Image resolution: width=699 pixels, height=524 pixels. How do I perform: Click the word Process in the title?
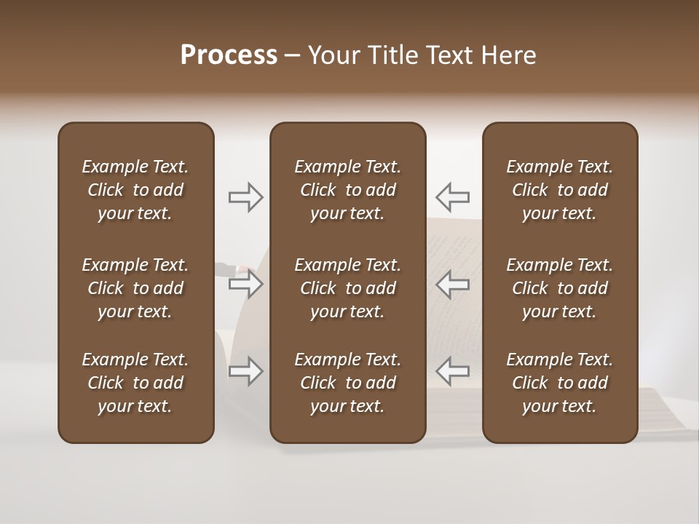coord(229,55)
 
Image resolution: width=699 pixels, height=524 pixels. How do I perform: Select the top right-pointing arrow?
coord(246,196)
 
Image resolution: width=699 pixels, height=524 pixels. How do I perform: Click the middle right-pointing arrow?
coord(246,284)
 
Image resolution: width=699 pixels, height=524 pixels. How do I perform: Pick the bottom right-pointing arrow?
coord(246,371)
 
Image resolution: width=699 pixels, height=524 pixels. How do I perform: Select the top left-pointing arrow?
coord(453,196)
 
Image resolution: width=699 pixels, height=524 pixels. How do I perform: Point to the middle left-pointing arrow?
coord(453,284)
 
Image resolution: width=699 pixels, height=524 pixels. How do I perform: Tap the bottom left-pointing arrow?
coord(453,371)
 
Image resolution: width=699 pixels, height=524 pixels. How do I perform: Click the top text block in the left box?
coord(135,190)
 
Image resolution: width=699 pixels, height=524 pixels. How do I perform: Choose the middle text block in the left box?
coord(135,288)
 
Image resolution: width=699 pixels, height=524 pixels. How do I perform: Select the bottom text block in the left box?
coord(135,383)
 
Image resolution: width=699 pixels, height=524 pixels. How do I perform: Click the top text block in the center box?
coord(347,190)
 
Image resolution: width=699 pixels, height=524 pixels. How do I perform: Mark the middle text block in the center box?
coord(347,288)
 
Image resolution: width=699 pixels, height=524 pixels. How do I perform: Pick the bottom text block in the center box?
coord(347,383)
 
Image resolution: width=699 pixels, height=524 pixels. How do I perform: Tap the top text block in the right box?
coord(560,190)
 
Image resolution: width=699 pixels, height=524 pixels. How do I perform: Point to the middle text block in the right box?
coord(560,288)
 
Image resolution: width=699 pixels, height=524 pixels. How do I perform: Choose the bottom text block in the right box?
coord(560,383)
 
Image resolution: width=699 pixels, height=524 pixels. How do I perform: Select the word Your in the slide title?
coord(331,55)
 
